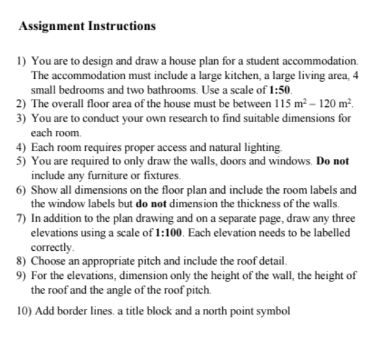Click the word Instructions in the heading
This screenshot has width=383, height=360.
(121, 27)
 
